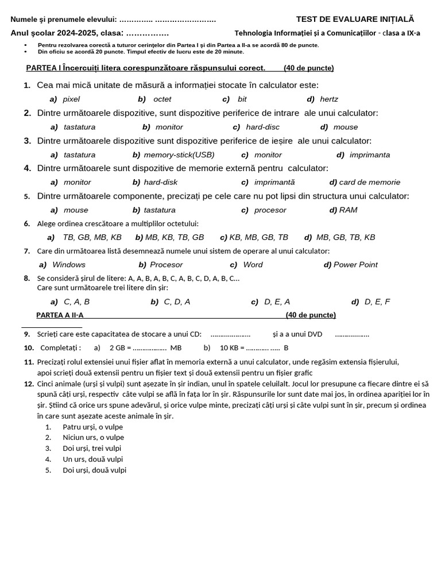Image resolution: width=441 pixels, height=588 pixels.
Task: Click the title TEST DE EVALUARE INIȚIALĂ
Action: pos(354,19)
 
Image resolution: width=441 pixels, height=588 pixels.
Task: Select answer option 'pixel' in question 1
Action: pos(71,99)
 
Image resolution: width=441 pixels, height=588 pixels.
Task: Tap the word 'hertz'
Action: pos(329,99)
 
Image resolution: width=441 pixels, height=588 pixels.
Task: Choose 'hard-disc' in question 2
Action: pos(262,127)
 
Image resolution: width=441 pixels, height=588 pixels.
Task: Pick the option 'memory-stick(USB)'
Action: pos(179,154)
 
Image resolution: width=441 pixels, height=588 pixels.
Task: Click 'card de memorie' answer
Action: pos(370,182)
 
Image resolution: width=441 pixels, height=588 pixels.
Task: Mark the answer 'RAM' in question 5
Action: pos(348,210)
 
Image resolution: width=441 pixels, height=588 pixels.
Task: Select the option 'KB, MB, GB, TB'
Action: pos(258,237)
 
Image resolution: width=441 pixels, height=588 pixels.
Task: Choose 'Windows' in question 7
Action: pos(69,265)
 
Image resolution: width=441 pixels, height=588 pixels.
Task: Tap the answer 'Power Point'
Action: pos(355,265)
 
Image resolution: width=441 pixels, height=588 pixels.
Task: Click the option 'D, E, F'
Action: pos(377,301)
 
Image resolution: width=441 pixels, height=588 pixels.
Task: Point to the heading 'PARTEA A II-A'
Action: pos(60,315)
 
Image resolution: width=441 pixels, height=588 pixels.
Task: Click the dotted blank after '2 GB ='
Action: pos(149,347)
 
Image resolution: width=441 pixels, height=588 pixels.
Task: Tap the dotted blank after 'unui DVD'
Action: pos(352,334)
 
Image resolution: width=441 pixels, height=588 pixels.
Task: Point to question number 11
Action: pos(29,362)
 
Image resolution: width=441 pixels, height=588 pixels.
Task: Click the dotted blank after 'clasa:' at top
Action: pos(147,33)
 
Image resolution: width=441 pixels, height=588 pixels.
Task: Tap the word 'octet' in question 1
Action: pos(162,99)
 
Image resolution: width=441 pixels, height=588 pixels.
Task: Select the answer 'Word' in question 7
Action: pos(253,265)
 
